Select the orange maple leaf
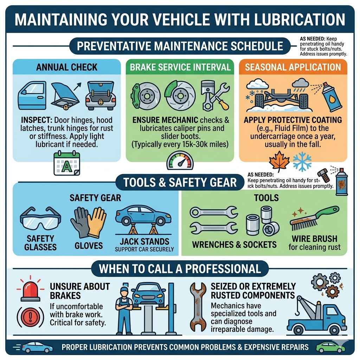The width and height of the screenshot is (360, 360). pyautogui.click(x=279, y=161)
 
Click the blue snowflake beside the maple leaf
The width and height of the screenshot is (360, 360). pyautogui.click(x=302, y=161)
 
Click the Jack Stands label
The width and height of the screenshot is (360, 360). pyautogui.click(x=144, y=242)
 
